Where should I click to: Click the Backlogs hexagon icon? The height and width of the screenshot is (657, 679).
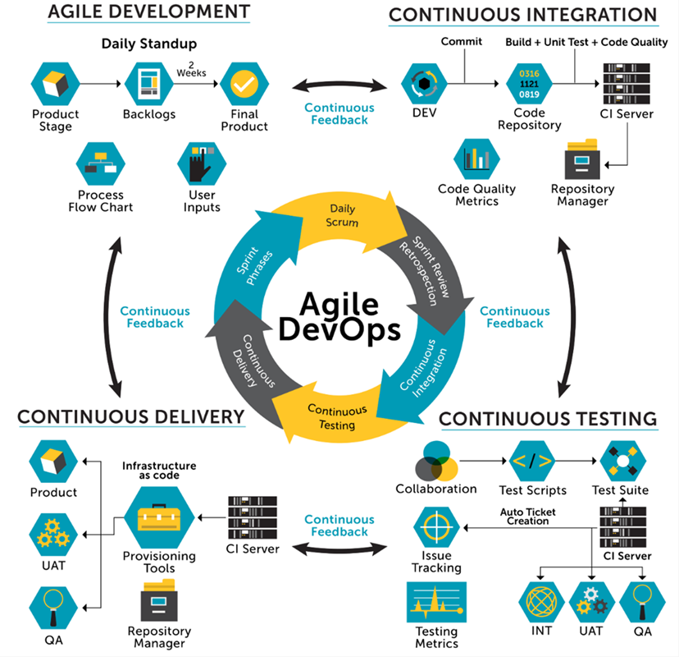[x=148, y=84]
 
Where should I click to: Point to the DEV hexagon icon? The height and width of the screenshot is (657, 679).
[x=423, y=84]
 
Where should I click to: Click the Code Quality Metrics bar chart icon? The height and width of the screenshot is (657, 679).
[x=476, y=159]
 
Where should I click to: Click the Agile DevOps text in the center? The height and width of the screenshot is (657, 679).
[x=339, y=315]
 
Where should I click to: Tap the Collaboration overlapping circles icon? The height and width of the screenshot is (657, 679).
[x=435, y=462]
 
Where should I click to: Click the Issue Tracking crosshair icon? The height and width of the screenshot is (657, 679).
[x=435, y=529]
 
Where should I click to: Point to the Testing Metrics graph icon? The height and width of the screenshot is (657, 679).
[x=435, y=603]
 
